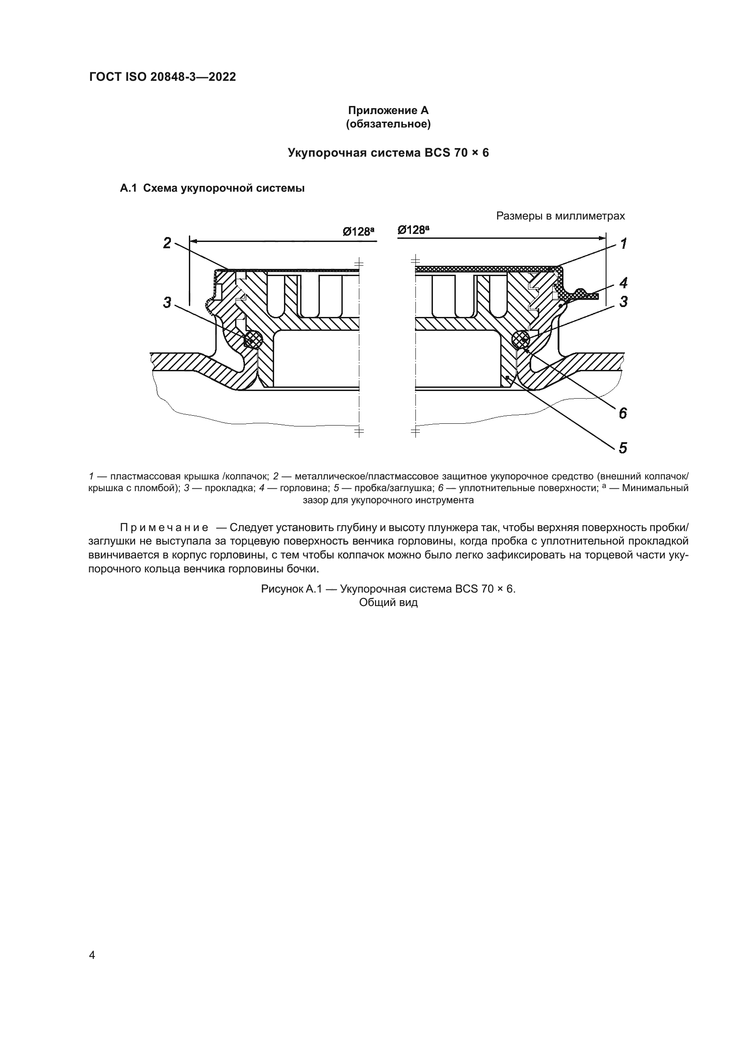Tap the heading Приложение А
pos(388,110)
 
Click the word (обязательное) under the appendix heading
pos(388,124)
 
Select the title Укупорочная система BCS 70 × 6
pos(388,153)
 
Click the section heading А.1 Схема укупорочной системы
pos(212,188)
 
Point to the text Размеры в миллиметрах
pos(560,216)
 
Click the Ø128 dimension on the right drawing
pos(413,230)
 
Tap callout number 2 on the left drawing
pos(167,243)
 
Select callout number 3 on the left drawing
pos(167,302)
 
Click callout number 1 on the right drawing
pos(623,244)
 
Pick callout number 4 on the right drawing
pos(623,283)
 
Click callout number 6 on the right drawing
pos(623,413)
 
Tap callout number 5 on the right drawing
pos(623,448)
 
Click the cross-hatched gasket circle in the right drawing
pos(521,339)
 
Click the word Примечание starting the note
pos(164,528)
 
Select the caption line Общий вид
pos(388,602)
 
